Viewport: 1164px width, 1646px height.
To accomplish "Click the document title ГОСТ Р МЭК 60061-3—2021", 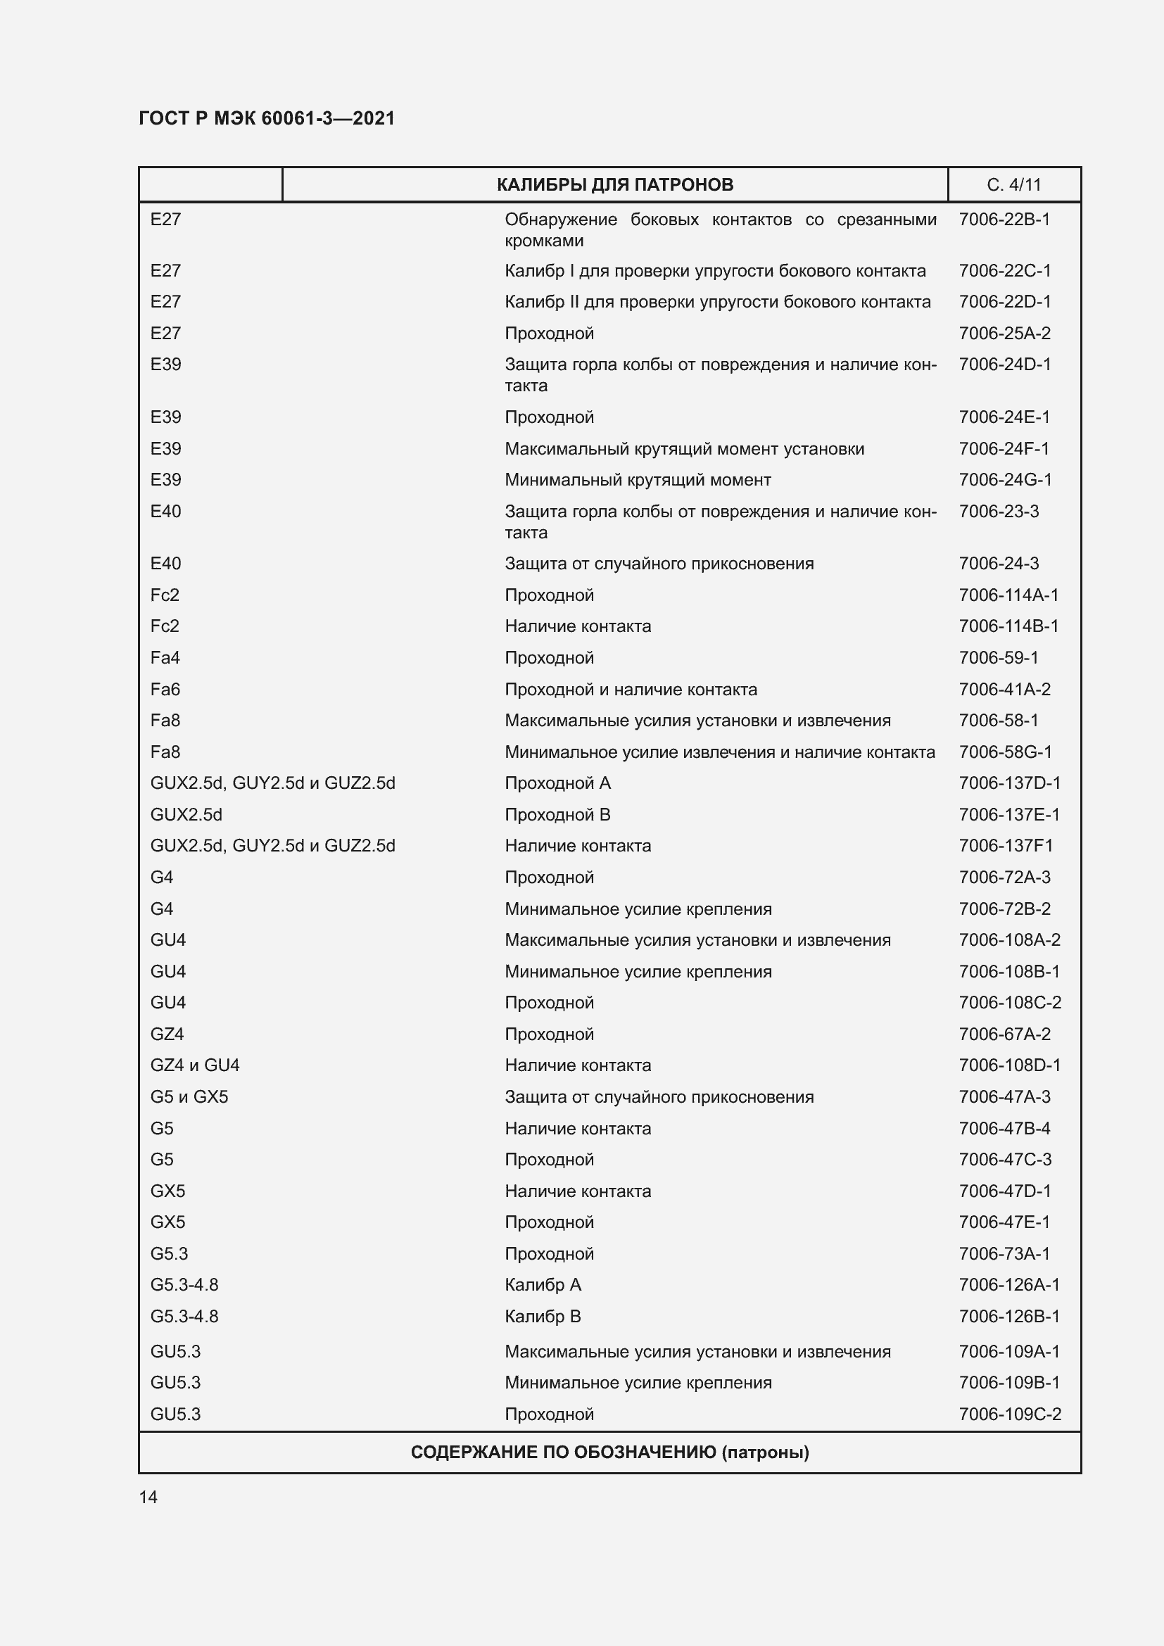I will [267, 118].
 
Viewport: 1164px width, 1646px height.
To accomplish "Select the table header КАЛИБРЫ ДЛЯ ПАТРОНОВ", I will [615, 185].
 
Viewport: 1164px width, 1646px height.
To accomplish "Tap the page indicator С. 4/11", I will [1013, 185].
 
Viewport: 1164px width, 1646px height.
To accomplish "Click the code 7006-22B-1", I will [1004, 220].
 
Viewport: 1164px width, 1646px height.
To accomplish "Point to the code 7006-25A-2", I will [1005, 334].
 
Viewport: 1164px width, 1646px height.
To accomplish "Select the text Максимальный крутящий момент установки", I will [685, 449].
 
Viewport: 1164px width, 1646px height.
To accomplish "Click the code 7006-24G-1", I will [1005, 480].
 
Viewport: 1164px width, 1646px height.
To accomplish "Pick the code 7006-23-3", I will [999, 511].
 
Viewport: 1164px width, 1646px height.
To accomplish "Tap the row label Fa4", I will [165, 657].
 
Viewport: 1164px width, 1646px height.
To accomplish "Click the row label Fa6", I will [165, 689].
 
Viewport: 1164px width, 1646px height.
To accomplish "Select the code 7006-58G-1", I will [1005, 752].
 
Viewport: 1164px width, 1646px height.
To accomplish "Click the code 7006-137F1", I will [1006, 846].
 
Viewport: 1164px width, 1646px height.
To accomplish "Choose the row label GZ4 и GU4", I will [195, 1065].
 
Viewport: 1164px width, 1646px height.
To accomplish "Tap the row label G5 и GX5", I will [189, 1097].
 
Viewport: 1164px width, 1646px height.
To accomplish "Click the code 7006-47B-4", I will [1004, 1128].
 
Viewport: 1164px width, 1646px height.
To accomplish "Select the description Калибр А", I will [543, 1285].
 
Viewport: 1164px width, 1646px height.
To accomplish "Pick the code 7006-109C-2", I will [1009, 1414].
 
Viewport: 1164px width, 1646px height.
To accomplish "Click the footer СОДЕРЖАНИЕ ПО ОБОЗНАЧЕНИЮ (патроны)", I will [609, 1452].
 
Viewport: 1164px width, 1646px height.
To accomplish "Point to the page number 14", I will [148, 1497].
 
